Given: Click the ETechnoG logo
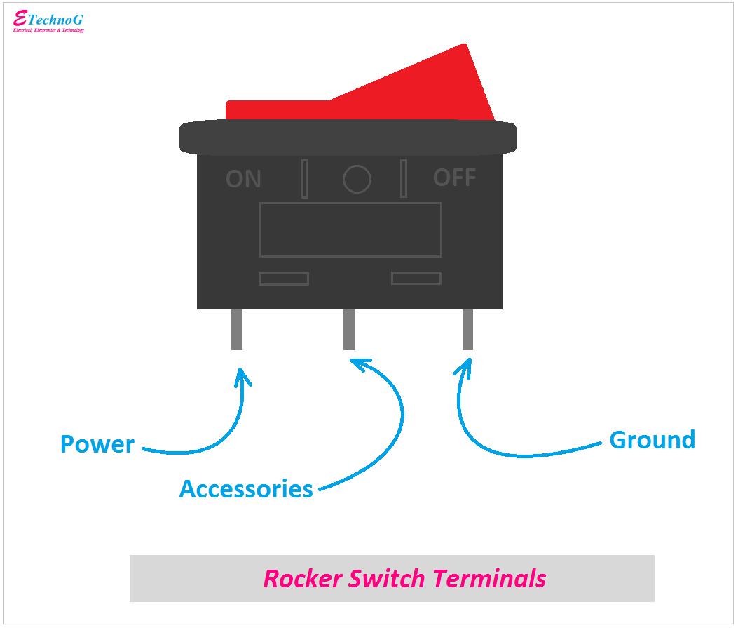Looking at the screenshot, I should [48, 21].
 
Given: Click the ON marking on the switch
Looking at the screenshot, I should [243, 179].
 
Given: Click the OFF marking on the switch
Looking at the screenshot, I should [454, 178].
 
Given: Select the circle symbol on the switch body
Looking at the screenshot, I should [357, 180].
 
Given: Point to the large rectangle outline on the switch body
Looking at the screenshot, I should [350, 229].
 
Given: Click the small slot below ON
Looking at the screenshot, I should [284, 279].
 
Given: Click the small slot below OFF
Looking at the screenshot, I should [416, 278].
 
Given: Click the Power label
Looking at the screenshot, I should [97, 444].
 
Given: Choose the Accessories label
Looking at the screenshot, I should [246, 488].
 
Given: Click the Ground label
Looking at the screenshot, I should [652, 440].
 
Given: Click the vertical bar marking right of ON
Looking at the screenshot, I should [305, 179].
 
